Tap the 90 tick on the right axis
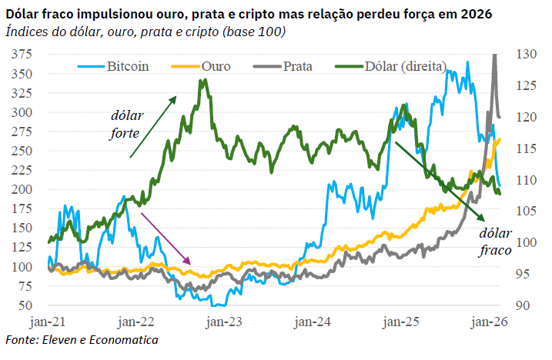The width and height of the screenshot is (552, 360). click(x=523, y=305)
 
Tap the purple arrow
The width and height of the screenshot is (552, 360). click(x=166, y=238)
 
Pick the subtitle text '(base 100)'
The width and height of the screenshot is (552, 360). click(x=249, y=32)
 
